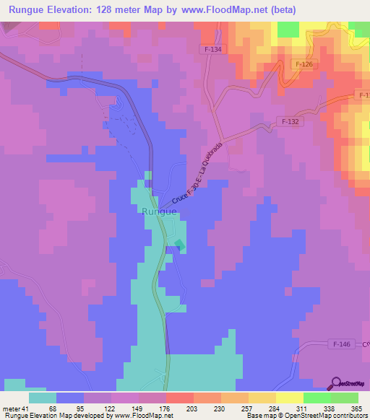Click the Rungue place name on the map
pyautogui.click(x=159, y=211)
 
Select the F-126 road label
pyautogui.click(x=304, y=65)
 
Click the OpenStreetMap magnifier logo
pyautogui.click(x=336, y=383)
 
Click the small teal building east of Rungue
pyautogui.click(x=178, y=245)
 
